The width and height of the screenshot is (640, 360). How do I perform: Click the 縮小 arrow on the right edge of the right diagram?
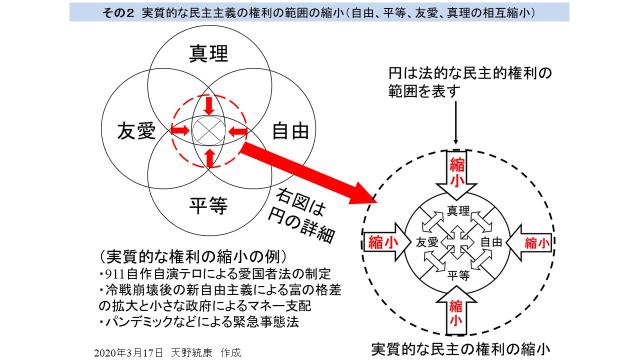tap(529, 242)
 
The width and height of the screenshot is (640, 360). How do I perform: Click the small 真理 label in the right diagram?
tap(457, 211)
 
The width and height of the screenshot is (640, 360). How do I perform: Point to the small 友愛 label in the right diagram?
tap(427, 242)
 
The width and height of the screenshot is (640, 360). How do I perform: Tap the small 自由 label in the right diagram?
tap(490, 242)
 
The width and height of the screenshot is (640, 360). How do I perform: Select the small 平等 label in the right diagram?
tap(457, 273)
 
